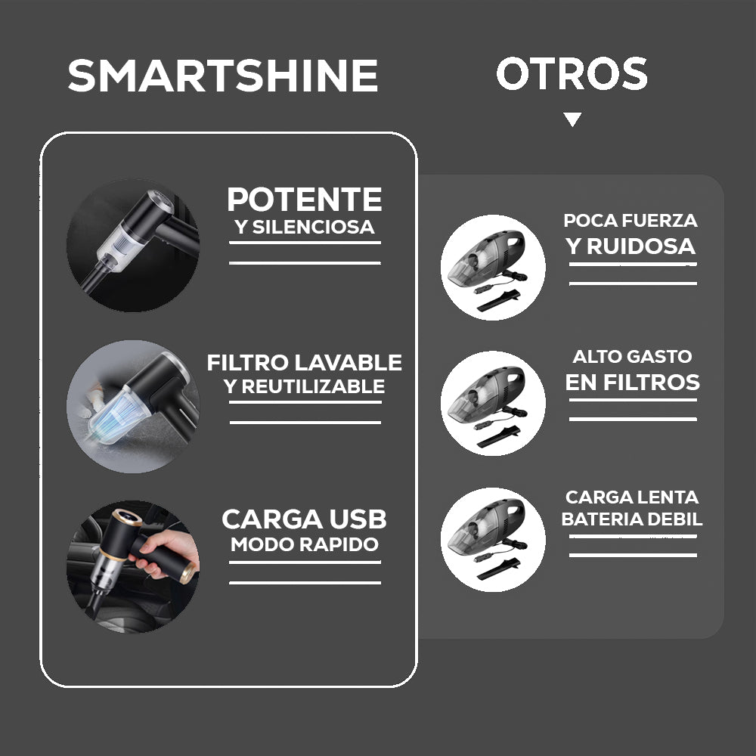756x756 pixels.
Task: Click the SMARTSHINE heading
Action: click(x=223, y=75)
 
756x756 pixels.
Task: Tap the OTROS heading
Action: click(x=572, y=73)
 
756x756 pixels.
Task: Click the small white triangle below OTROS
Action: click(x=572, y=119)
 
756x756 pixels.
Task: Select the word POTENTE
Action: click(x=305, y=199)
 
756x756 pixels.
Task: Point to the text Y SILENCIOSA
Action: click(x=305, y=227)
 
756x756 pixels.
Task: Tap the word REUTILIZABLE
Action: click(x=314, y=386)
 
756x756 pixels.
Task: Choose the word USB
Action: click(x=358, y=519)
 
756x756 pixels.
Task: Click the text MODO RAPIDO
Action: click(x=305, y=544)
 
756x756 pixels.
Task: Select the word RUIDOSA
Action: click(x=641, y=246)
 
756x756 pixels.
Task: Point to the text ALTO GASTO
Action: click(x=633, y=356)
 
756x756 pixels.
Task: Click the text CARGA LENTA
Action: click(x=632, y=497)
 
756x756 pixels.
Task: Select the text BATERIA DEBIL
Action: click(x=632, y=519)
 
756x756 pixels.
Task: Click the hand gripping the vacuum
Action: click(x=166, y=553)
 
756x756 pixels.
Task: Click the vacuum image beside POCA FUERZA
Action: click(x=493, y=267)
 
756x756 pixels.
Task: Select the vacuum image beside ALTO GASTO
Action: click(x=493, y=403)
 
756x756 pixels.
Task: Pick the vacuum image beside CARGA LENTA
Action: click(x=493, y=540)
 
